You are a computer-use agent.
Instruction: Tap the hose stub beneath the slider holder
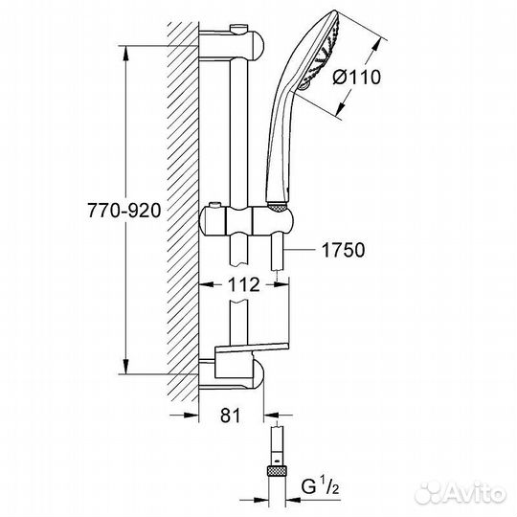278,258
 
